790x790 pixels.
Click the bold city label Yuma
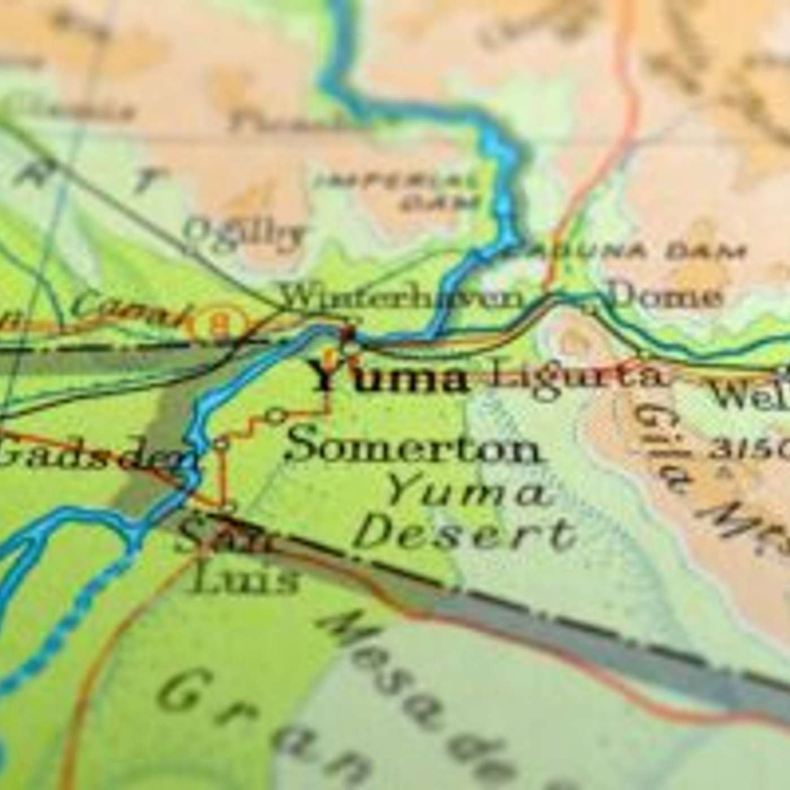pos(389,377)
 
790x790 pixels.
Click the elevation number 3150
pos(748,449)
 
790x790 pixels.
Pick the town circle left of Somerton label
pos(276,416)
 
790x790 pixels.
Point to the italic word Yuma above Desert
pos(468,492)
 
